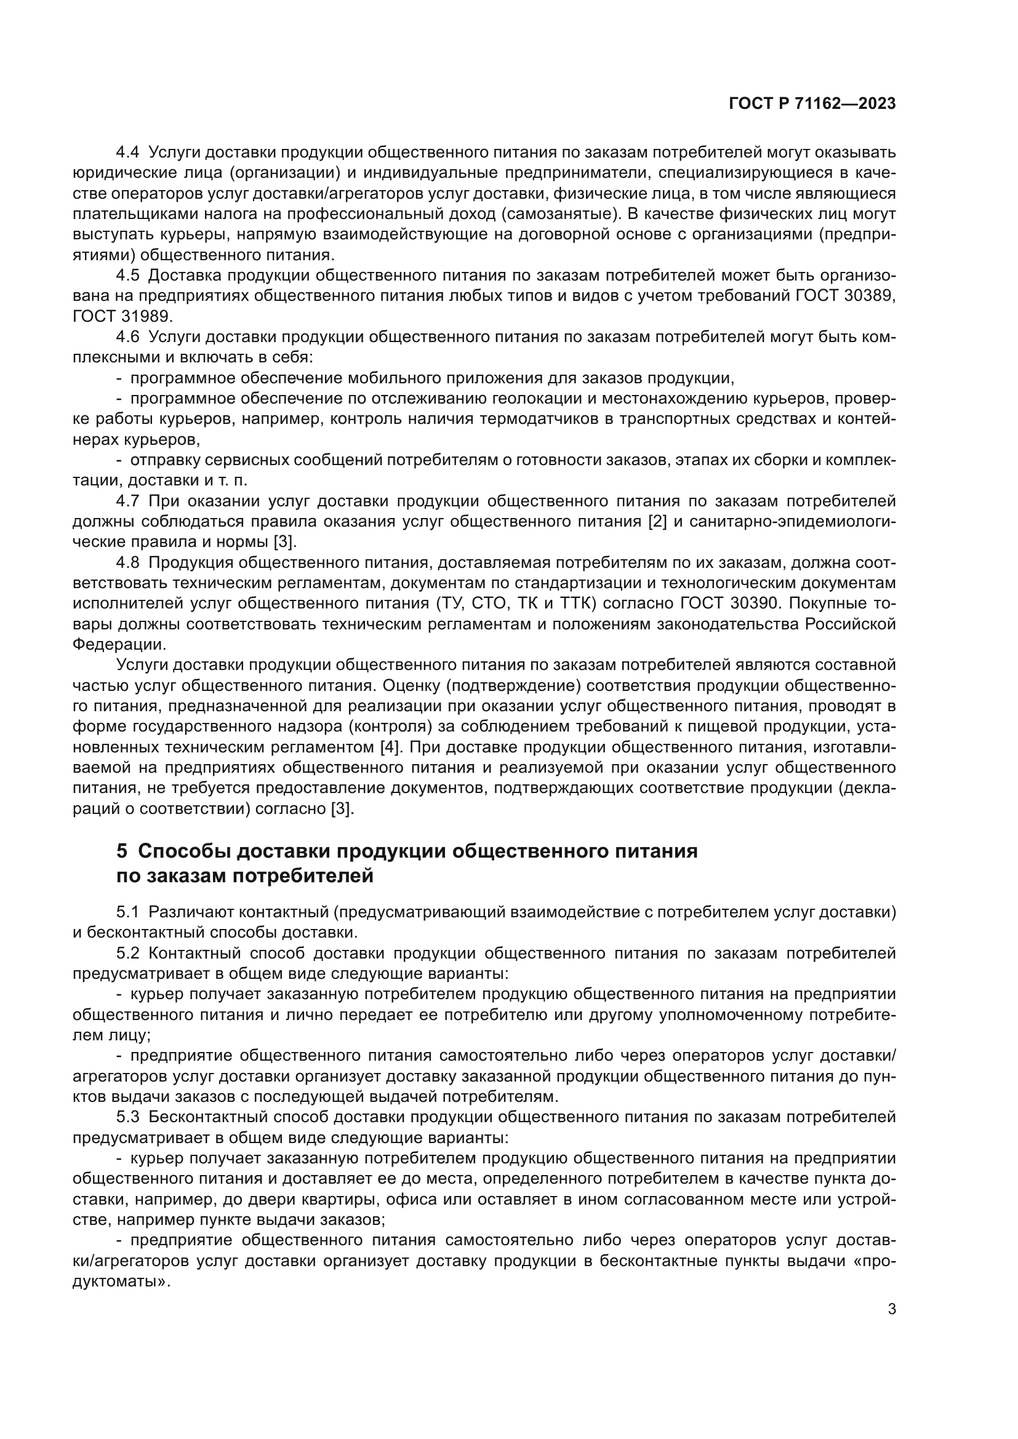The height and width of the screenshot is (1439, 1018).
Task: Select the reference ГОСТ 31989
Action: [x=122, y=316]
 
